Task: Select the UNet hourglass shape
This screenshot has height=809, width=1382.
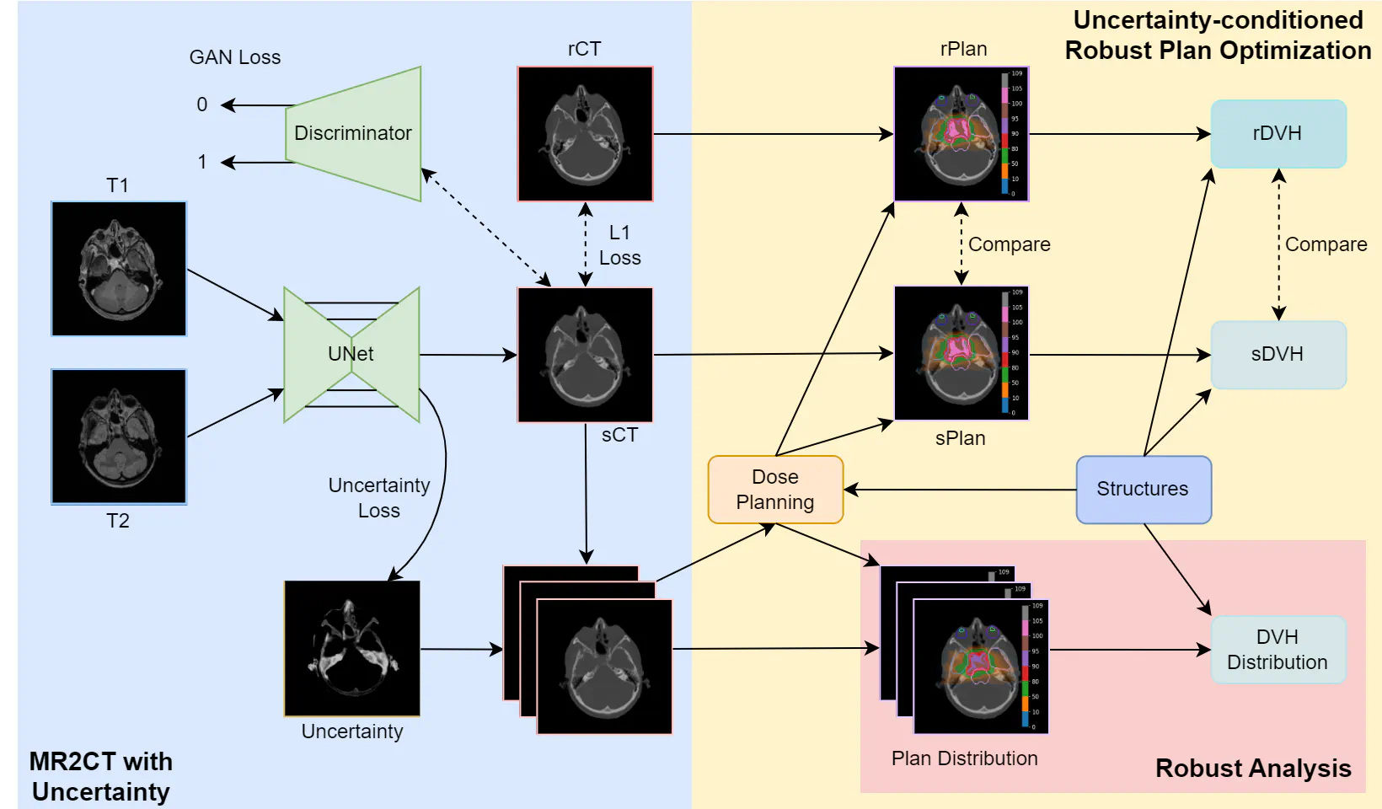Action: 351,354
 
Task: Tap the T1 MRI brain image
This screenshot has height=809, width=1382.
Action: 119,269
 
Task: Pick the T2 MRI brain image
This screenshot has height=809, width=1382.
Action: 119,437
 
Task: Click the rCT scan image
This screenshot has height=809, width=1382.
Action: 585,134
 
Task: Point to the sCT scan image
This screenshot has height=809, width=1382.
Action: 585,355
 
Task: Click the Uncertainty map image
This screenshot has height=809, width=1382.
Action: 352,648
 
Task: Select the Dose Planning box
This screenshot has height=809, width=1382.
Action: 775,490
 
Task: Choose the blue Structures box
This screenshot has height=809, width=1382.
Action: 1144,490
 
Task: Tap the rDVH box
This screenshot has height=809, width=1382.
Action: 1278,134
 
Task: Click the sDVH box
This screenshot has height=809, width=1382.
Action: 1278,355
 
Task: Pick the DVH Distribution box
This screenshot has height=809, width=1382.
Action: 1278,650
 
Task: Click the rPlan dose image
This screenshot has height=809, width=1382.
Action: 961,134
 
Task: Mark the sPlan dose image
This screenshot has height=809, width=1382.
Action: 961,353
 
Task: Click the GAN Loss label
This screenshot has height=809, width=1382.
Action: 235,57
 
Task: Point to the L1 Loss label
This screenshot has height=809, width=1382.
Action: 619,245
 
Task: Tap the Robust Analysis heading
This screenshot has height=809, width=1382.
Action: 1253,769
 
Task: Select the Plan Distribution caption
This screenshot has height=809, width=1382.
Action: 964,758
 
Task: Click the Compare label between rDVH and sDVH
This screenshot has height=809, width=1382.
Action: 1326,244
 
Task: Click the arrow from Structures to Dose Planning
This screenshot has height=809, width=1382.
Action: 961,490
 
